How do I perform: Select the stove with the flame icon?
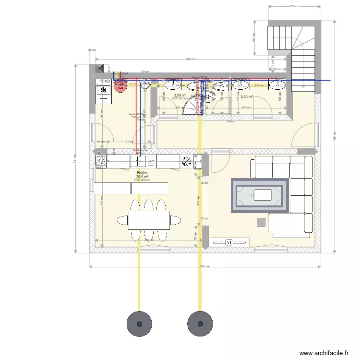103,91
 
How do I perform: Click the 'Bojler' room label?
142,172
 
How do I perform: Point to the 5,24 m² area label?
247,96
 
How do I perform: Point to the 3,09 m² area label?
180,95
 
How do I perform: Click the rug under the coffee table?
260,195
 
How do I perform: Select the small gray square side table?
261,222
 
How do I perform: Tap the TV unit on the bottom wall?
229,242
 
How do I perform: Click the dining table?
148,220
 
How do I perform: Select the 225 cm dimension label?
295,6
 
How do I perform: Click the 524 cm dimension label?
191,59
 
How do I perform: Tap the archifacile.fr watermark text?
324,353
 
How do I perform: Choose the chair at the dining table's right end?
176,220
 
